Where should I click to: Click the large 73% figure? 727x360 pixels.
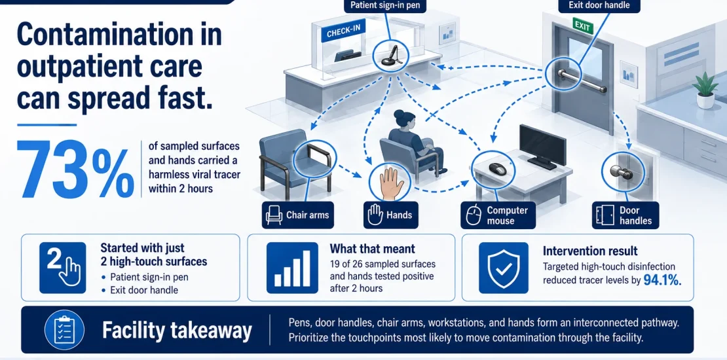tap(75, 169)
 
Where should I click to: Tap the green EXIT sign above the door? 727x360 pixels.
tap(582, 26)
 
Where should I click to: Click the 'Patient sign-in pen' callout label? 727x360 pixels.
tap(385, 5)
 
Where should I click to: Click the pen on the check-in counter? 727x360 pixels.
tap(390, 56)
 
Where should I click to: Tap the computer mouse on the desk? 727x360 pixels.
tap(498, 168)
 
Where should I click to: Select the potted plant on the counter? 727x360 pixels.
tap(705, 90)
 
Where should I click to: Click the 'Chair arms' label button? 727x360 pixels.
tap(297, 215)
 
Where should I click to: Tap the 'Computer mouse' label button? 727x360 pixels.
tap(498, 215)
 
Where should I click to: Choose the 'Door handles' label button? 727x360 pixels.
tap(625, 215)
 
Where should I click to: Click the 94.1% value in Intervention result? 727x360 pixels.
tap(663, 280)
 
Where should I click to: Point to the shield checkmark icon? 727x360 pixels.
tap(503, 268)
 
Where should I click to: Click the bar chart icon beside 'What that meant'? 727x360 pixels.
tap(292, 268)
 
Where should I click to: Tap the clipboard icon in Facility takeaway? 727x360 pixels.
tap(64, 330)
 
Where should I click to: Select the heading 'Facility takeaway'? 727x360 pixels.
tap(177, 331)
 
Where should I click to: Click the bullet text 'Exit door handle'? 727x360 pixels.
tap(143, 291)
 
